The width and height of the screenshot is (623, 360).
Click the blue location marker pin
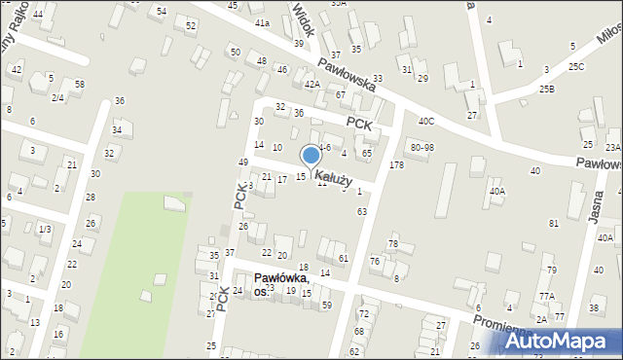pos(311,157)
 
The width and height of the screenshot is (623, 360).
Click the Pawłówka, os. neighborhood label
pos(282,284)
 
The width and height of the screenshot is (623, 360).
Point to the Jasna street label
pos(596,206)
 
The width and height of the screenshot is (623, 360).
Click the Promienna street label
pos(501,323)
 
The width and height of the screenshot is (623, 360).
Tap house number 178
pos(396,166)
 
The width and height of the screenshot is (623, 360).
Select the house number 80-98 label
pos(422,147)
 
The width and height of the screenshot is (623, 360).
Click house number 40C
pos(425,121)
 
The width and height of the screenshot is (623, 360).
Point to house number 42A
pos(311,85)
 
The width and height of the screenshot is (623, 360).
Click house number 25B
pos(547,90)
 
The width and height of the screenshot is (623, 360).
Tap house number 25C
pos(576,66)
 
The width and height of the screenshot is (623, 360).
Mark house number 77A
pos(547,296)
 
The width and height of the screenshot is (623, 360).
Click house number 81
pos(553,224)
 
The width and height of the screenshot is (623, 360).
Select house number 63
pos(361,211)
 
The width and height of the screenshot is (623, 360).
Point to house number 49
pos(242,162)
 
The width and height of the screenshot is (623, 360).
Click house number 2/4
pos(57,97)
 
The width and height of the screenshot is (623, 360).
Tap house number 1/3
pos(44,229)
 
